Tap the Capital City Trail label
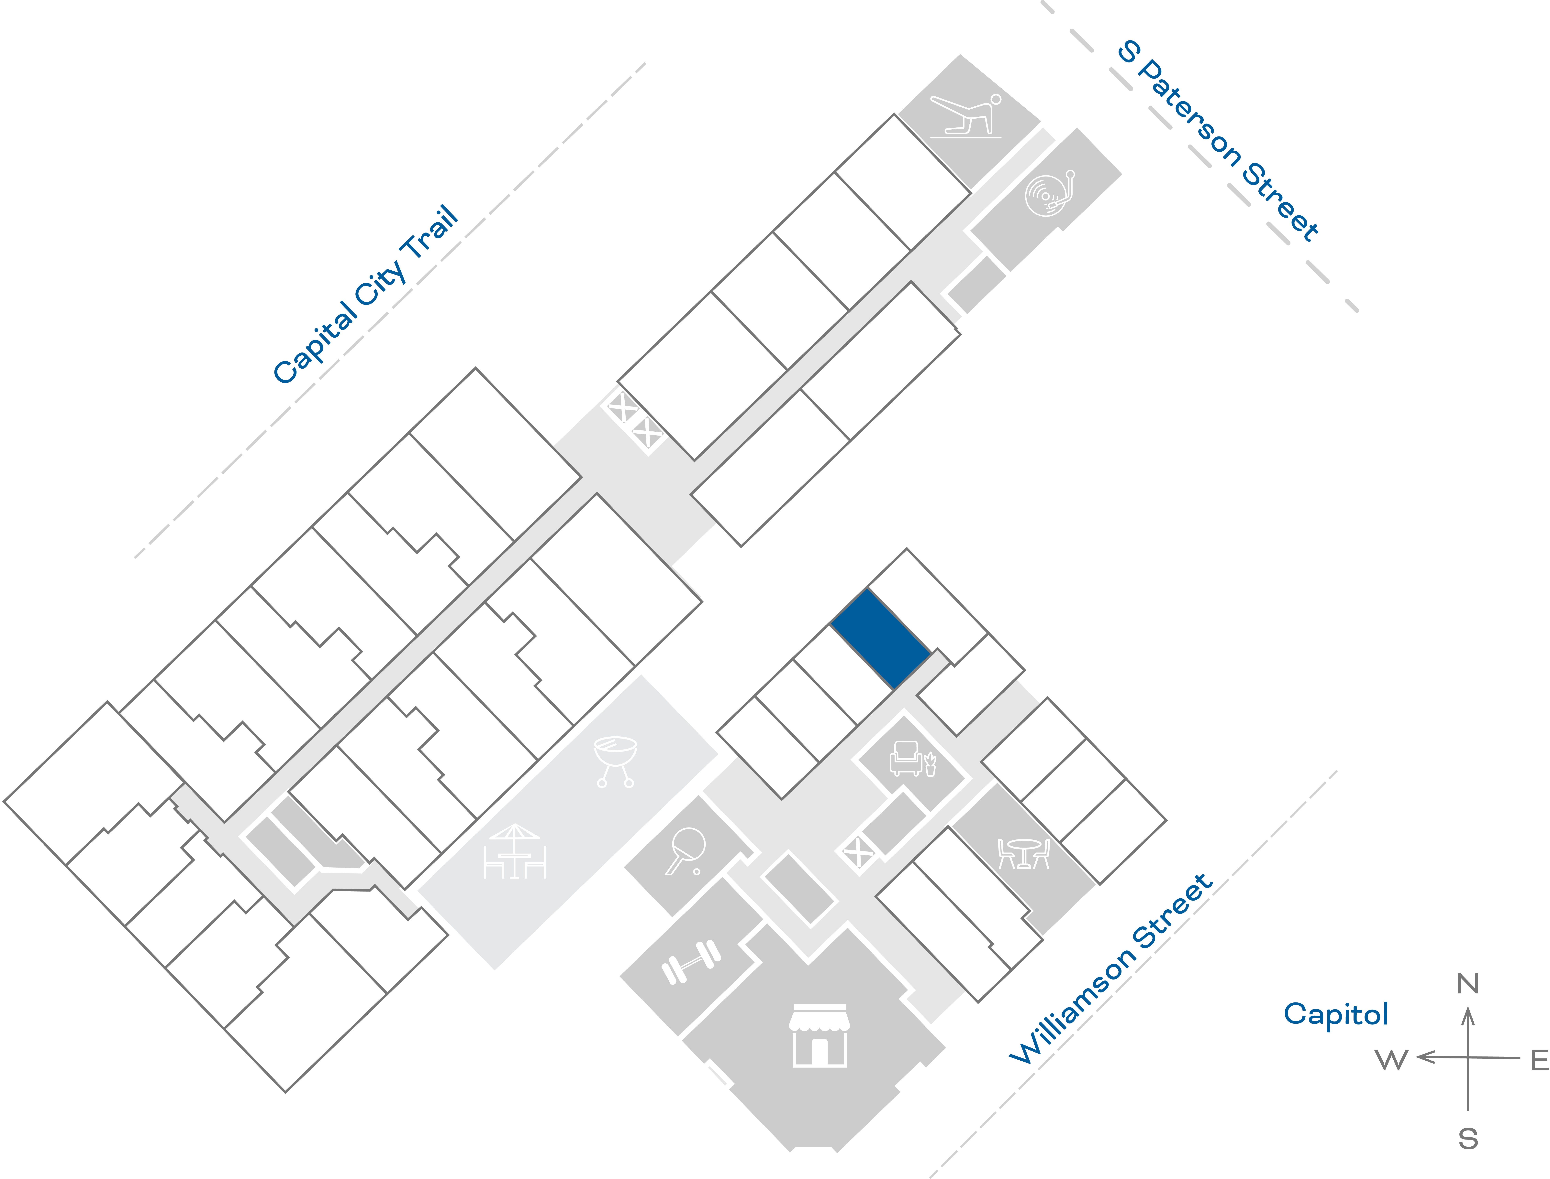(365, 295)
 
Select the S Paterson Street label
(1218, 140)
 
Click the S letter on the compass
(1468, 1138)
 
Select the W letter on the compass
(1391, 1060)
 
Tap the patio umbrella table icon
(515, 851)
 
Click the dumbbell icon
(691, 961)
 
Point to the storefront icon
(819, 1035)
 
